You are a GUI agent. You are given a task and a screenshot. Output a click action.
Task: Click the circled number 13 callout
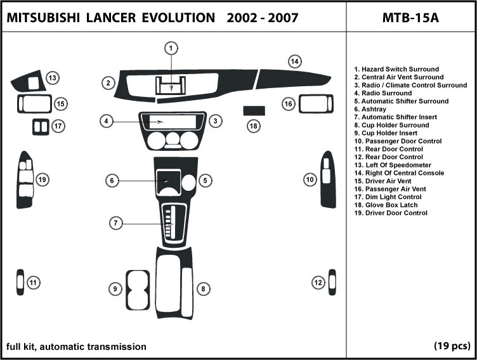point(52,78)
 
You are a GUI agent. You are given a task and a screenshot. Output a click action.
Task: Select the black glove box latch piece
point(254,110)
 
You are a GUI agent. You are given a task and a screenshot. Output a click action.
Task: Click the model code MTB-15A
point(410,17)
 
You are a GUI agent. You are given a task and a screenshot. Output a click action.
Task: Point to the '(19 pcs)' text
point(452,346)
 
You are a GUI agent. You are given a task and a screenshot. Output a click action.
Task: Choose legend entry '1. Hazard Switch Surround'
point(396,69)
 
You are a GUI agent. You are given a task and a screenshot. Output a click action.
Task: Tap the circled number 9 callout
point(115,289)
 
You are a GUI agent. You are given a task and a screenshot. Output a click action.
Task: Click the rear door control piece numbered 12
point(332,282)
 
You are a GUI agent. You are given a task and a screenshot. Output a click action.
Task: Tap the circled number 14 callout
point(294,61)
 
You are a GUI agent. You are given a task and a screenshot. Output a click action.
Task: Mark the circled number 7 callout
point(115,223)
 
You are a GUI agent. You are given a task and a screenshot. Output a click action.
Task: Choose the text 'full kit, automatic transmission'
point(76,346)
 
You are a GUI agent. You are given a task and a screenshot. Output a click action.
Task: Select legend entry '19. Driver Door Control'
point(391,213)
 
